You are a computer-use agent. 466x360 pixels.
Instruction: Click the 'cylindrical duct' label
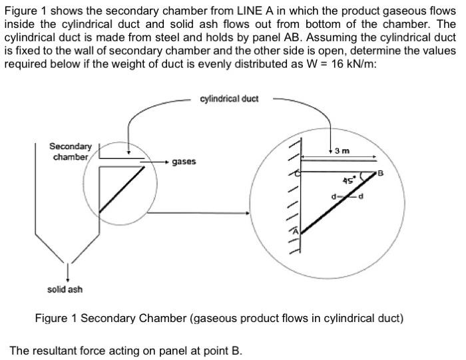point(229,99)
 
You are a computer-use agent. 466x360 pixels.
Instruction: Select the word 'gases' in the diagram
point(183,162)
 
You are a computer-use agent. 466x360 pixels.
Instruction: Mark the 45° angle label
point(348,180)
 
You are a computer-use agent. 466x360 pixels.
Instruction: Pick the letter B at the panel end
point(381,174)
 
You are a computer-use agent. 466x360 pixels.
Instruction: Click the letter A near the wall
point(298,230)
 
